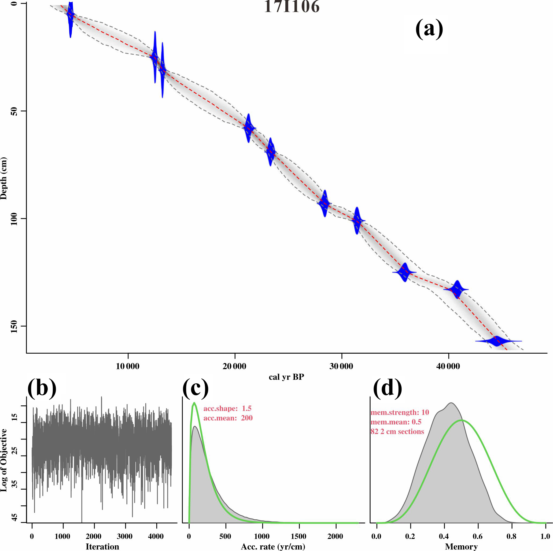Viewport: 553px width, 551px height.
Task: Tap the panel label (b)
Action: (x=42, y=388)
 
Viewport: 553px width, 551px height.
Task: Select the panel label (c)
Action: (x=196, y=388)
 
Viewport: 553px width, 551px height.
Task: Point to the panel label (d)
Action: (x=388, y=388)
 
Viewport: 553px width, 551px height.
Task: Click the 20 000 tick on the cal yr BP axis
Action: (x=234, y=366)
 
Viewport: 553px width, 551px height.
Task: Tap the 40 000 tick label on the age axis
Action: (x=448, y=366)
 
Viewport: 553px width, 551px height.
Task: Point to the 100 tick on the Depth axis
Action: (x=14, y=219)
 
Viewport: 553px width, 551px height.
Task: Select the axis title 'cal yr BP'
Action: (x=286, y=377)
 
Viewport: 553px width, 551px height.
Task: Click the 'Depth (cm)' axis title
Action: (x=4, y=178)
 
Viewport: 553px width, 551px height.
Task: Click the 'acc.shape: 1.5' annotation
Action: (x=227, y=408)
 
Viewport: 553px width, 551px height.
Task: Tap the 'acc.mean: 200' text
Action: (x=228, y=418)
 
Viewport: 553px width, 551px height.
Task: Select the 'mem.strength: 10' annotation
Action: (x=400, y=412)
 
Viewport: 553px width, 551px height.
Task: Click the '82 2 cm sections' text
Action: (x=397, y=431)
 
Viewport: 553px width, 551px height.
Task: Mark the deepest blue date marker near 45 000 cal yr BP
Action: (x=497, y=341)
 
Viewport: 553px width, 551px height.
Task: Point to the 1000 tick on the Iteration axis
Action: (x=62, y=536)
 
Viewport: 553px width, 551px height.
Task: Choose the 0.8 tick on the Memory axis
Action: (x=511, y=536)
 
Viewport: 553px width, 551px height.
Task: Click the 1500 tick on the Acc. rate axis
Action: (x=299, y=536)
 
